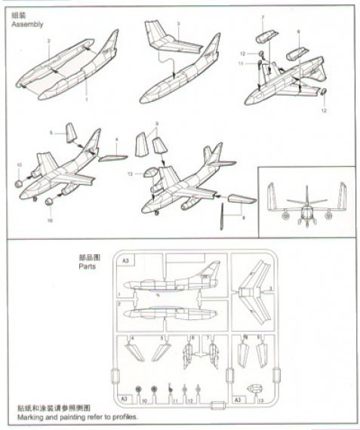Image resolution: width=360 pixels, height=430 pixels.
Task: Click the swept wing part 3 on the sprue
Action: [254, 290]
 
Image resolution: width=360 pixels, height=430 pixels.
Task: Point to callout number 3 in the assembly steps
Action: [177, 24]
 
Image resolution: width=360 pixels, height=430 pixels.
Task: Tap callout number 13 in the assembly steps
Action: [131, 174]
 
